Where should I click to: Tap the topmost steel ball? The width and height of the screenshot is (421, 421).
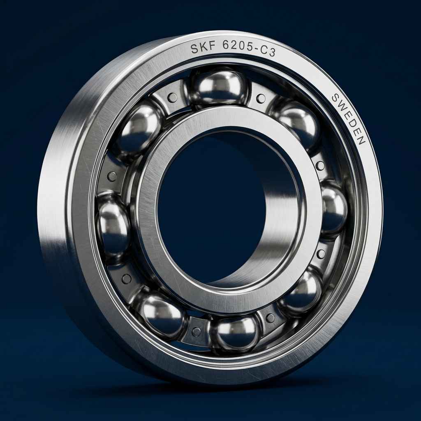coord(219,87)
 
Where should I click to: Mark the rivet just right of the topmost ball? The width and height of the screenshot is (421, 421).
coord(261,98)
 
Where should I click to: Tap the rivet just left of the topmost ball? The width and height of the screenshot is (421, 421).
coord(173,97)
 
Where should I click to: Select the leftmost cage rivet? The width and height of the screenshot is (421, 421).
coord(111,176)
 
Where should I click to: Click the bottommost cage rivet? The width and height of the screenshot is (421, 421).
coord(197,331)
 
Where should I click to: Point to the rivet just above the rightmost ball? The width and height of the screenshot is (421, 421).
coord(320,165)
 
